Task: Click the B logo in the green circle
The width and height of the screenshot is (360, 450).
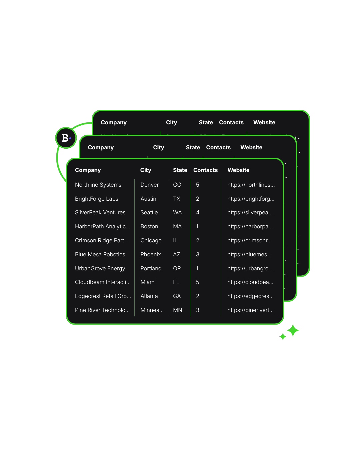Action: tap(66, 138)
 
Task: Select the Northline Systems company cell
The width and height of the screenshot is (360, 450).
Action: tap(98, 185)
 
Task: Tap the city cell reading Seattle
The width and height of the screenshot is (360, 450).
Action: tap(149, 212)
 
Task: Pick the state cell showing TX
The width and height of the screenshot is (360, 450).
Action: tap(177, 199)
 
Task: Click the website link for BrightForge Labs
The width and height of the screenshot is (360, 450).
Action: tap(251, 199)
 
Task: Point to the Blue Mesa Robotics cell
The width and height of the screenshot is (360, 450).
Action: tap(100, 254)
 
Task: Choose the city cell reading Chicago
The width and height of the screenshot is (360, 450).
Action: tap(151, 240)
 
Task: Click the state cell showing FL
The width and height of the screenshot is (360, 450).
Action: tap(176, 282)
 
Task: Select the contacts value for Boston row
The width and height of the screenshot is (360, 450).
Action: tap(197, 226)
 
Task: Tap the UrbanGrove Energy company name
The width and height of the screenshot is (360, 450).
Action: tap(100, 268)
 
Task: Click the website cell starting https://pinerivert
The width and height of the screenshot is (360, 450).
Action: tap(250, 310)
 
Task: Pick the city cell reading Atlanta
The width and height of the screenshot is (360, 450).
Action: tap(149, 296)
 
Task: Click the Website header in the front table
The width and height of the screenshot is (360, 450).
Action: tap(238, 170)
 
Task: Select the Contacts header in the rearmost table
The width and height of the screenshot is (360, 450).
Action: tap(231, 122)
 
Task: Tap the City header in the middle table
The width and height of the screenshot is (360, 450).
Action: tap(159, 147)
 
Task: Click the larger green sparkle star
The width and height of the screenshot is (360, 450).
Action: tap(293, 330)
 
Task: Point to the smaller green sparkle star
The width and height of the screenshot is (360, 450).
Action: tap(283, 336)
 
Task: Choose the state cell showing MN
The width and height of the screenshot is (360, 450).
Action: tap(178, 310)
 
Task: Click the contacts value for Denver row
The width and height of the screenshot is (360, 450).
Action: tap(198, 185)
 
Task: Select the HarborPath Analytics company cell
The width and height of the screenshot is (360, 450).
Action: tap(102, 226)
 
